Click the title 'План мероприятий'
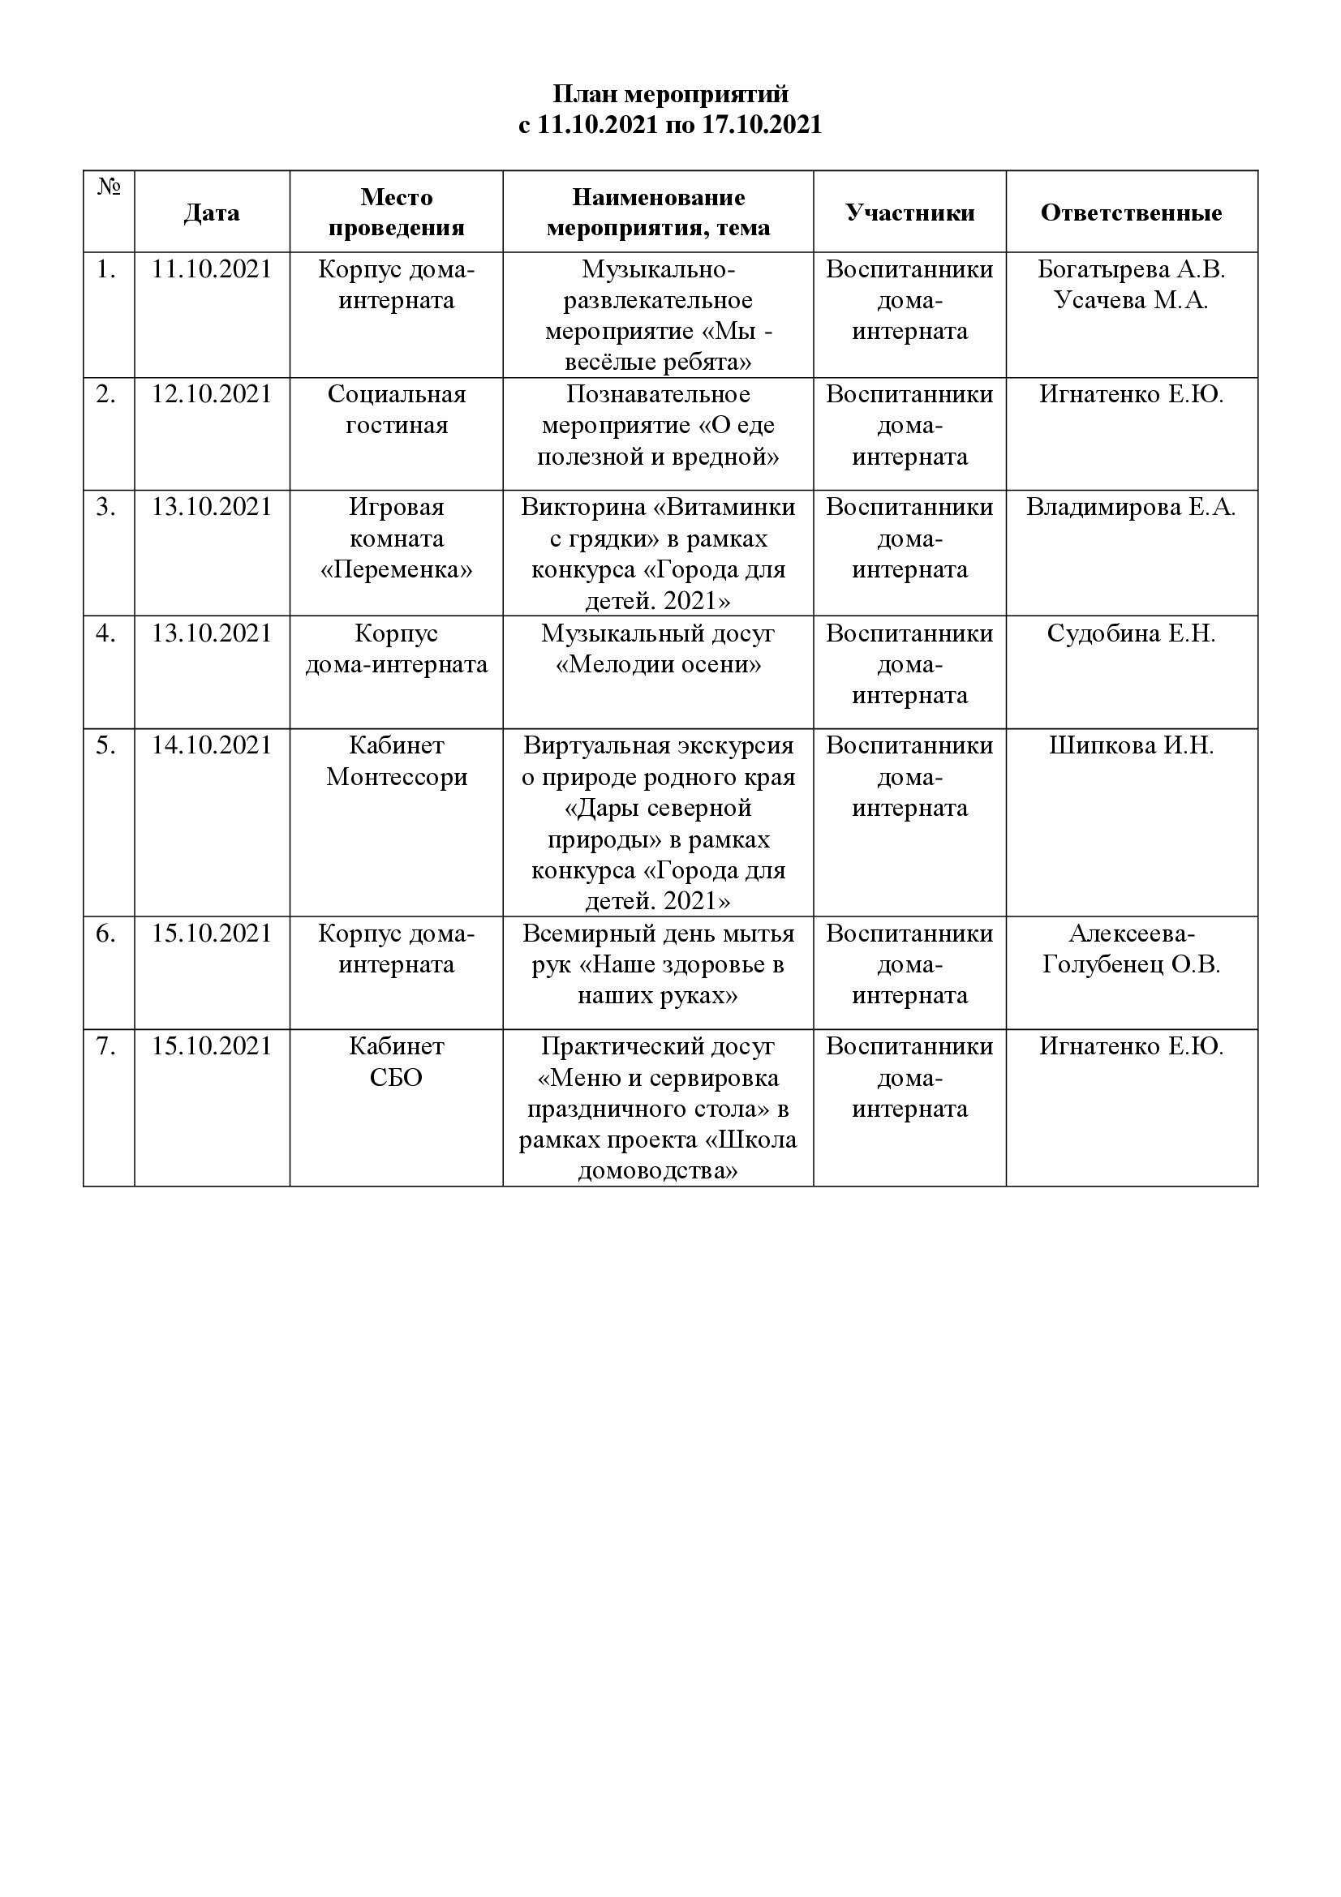click(670, 94)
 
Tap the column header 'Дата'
click(212, 213)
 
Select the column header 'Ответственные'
click(1130, 213)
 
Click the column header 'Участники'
click(909, 213)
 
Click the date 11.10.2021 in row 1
click(212, 270)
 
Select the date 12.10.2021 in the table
click(212, 394)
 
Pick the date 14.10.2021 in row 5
click(212, 745)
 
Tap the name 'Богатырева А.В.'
click(1130, 270)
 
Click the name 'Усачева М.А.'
click(1130, 301)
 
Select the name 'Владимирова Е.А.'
click(1130, 507)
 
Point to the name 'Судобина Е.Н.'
click(1130, 633)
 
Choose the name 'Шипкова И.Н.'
click(1130, 745)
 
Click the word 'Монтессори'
click(397, 777)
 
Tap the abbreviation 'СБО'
click(397, 1078)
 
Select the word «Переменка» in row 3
click(397, 570)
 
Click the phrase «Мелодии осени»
click(658, 665)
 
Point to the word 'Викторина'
click(587, 507)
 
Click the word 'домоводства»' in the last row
click(658, 1172)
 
